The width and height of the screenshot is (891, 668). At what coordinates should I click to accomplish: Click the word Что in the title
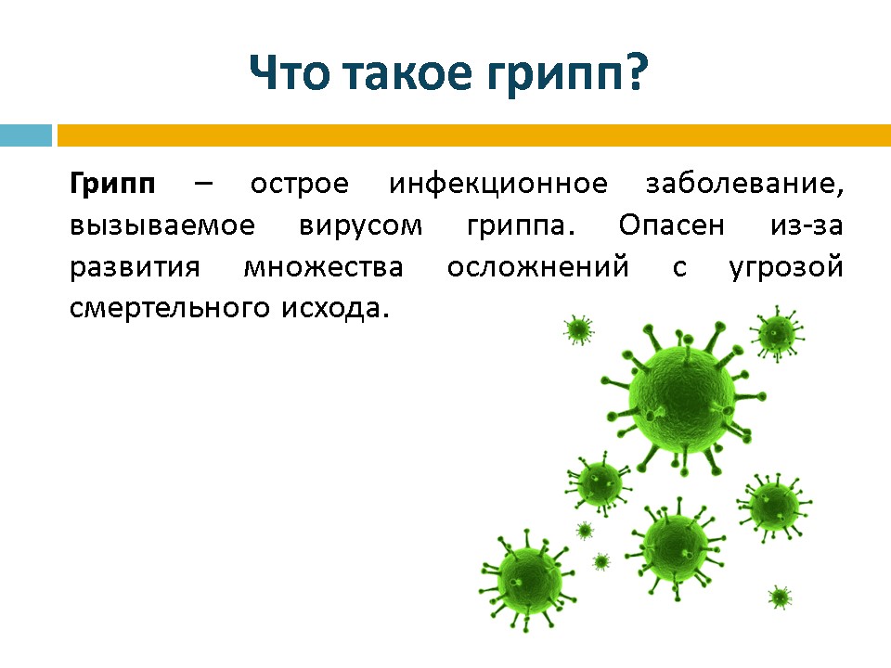[290, 72]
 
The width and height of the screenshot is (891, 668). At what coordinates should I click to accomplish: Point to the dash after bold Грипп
[203, 184]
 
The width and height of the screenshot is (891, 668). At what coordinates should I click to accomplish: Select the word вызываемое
[162, 225]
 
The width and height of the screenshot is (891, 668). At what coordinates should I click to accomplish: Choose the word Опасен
[672, 225]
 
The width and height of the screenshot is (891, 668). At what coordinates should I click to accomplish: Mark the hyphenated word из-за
[807, 225]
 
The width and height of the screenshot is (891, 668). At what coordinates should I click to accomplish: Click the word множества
[323, 267]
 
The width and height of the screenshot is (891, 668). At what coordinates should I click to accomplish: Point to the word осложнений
[538, 266]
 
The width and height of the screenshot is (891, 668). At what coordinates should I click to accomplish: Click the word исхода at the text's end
[335, 309]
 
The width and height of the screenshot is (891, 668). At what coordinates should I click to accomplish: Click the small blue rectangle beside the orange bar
[26, 135]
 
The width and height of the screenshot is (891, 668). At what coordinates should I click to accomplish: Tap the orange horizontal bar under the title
[474, 135]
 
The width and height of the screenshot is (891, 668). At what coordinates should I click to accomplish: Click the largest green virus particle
[682, 398]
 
